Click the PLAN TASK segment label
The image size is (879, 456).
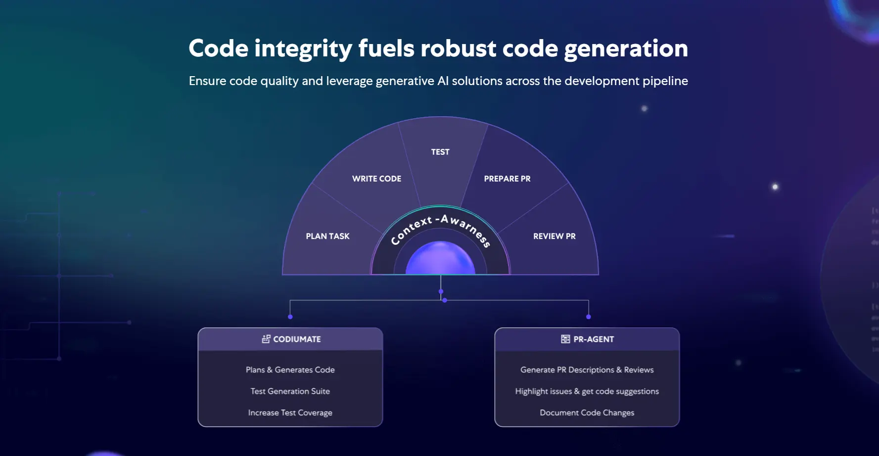(x=327, y=236)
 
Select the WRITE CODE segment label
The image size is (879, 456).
(x=376, y=179)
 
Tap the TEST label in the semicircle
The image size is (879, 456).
(x=440, y=152)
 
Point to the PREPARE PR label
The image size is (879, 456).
(x=507, y=179)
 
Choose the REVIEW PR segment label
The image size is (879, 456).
(x=554, y=236)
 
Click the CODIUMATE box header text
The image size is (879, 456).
(x=297, y=339)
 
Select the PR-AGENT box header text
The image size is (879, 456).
(x=594, y=339)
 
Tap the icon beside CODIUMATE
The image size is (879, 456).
(x=266, y=339)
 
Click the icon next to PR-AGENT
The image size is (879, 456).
(x=565, y=339)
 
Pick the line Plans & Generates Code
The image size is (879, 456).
(x=290, y=370)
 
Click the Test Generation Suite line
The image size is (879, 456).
(x=290, y=391)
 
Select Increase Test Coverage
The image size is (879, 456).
(x=290, y=412)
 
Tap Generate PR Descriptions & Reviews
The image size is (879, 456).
(x=587, y=370)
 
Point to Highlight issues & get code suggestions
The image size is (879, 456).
(x=587, y=391)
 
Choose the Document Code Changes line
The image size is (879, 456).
(x=587, y=412)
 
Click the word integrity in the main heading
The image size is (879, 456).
(x=303, y=49)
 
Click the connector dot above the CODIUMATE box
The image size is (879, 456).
(x=290, y=317)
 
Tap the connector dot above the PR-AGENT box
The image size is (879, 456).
(x=588, y=317)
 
